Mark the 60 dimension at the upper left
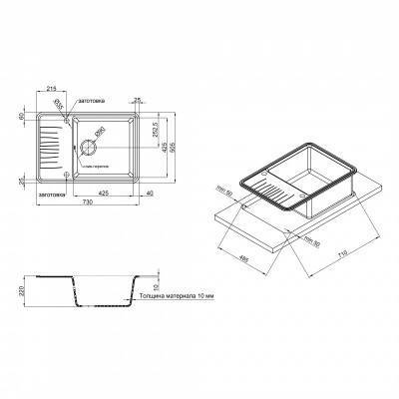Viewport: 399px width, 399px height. click(x=18, y=117)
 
